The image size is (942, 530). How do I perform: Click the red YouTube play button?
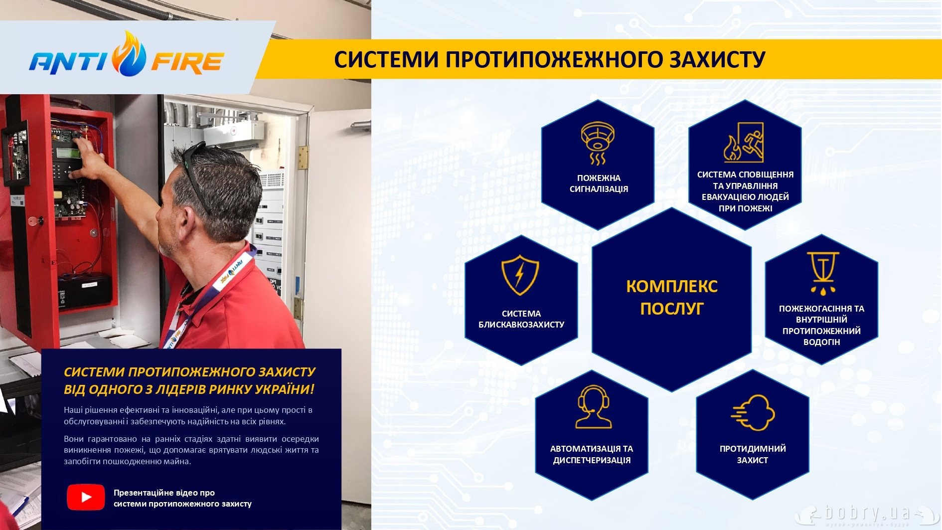point(86,497)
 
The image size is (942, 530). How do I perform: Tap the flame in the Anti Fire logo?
point(129,54)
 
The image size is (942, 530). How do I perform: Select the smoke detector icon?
point(598,143)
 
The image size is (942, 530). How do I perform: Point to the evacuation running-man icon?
point(744,142)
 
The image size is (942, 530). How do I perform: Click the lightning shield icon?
point(520,275)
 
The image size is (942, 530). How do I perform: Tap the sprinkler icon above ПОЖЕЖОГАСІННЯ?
point(823,273)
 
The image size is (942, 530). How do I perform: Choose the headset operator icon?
point(593,407)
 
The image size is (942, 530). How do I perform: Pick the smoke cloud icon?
point(753,413)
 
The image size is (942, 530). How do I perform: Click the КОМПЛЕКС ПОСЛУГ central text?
point(672,298)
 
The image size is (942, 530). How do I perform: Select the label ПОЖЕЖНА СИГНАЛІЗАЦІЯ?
point(599,183)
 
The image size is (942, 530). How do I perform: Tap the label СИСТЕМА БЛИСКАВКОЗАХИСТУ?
point(521,319)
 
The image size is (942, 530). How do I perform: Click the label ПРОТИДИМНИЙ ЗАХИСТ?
point(753,454)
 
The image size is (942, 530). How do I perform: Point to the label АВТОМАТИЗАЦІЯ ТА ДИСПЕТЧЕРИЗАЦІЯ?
point(592,454)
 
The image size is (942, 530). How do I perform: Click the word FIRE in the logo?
point(187,63)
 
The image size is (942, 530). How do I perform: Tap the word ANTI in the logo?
point(68,63)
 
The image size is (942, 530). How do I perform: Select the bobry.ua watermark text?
point(868,513)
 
